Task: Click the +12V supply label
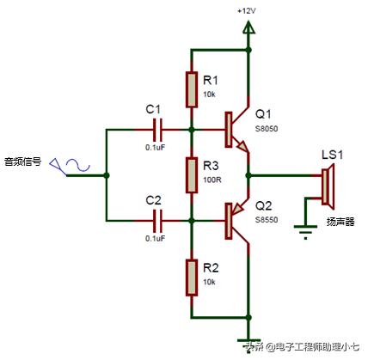(246, 11)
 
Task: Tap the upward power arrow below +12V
(248, 28)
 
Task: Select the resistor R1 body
(192, 90)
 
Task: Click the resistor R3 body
(192, 175)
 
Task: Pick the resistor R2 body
(192, 278)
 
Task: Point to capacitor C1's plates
(157, 130)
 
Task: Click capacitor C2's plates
(157, 221)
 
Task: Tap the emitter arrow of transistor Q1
(242, 146)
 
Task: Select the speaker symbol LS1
(328, 186)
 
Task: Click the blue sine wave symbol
(78, 166)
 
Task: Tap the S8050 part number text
(267, 129)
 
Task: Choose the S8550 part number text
(267, 220)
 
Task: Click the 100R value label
(212, 180)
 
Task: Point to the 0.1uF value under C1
(156, 148)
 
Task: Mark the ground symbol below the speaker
(305, 232)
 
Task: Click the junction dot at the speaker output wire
(248, 175)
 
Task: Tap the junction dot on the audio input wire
(107, 175)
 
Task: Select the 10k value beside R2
(209, 282)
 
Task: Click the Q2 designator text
(263, 206)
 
